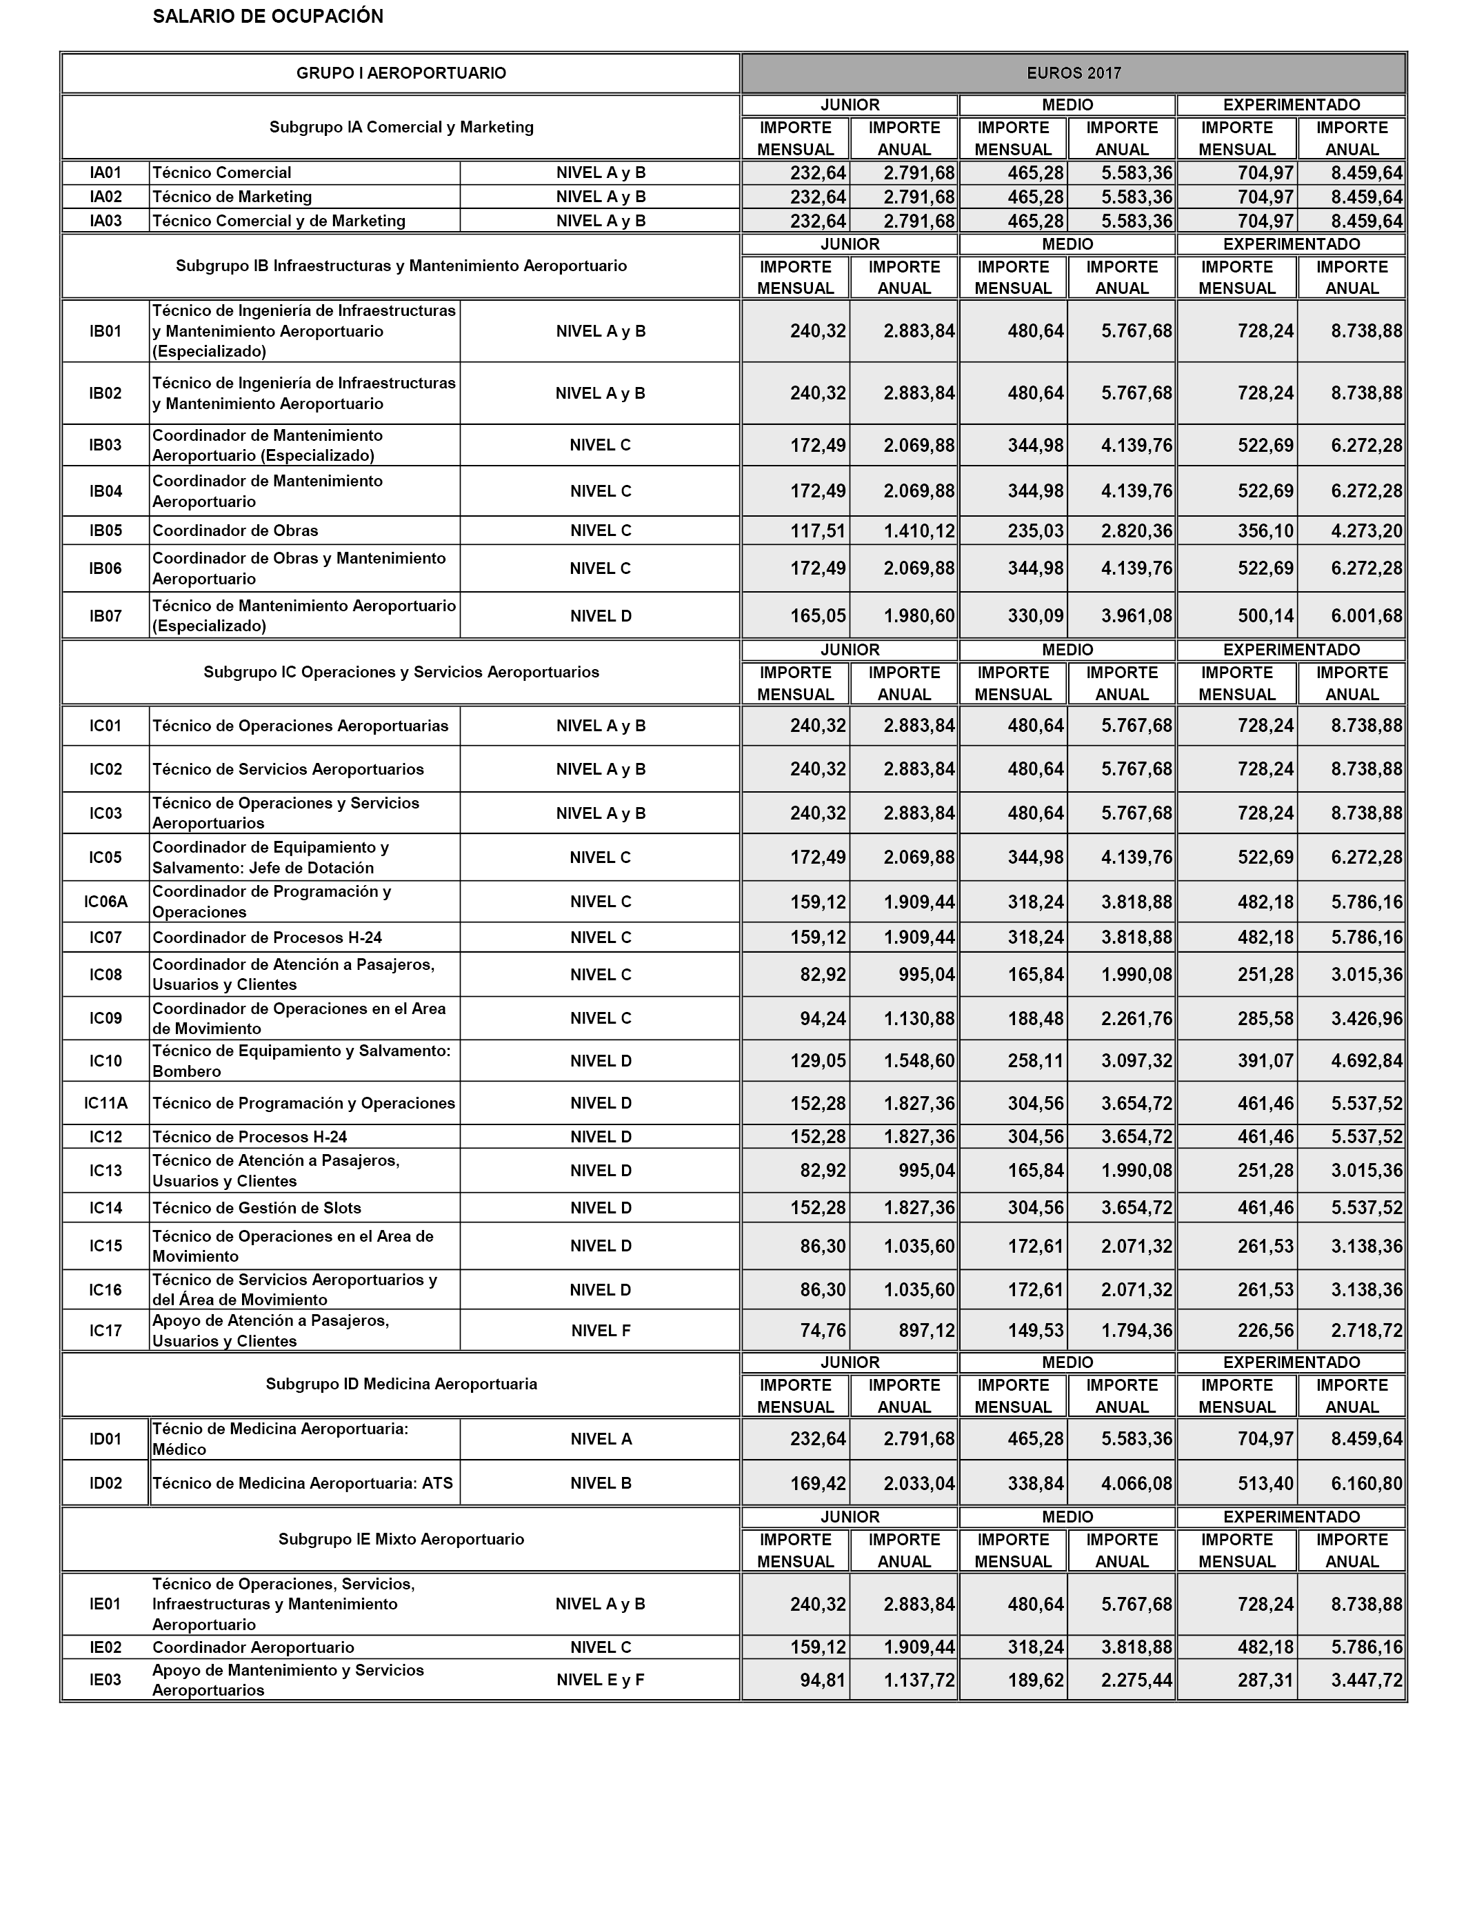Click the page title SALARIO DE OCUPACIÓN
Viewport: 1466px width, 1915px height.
(268, 17)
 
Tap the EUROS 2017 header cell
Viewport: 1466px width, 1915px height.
(1074, 73)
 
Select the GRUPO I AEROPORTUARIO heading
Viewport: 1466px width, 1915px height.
(401, 73)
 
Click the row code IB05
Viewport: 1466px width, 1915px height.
(106, 530)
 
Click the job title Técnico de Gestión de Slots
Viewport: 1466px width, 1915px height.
(257, 1208)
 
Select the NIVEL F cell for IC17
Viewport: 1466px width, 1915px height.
(601, 1331)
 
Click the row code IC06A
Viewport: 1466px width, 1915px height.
(106, 902)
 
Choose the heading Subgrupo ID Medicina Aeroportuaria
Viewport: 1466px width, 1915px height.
(401, 1385)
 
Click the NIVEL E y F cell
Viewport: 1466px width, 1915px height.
(601, 1680)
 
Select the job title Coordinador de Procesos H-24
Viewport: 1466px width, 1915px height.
(267, 937)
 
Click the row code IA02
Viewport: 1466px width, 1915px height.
(106, 197)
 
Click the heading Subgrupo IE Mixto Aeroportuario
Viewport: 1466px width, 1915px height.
(401, 1539)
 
